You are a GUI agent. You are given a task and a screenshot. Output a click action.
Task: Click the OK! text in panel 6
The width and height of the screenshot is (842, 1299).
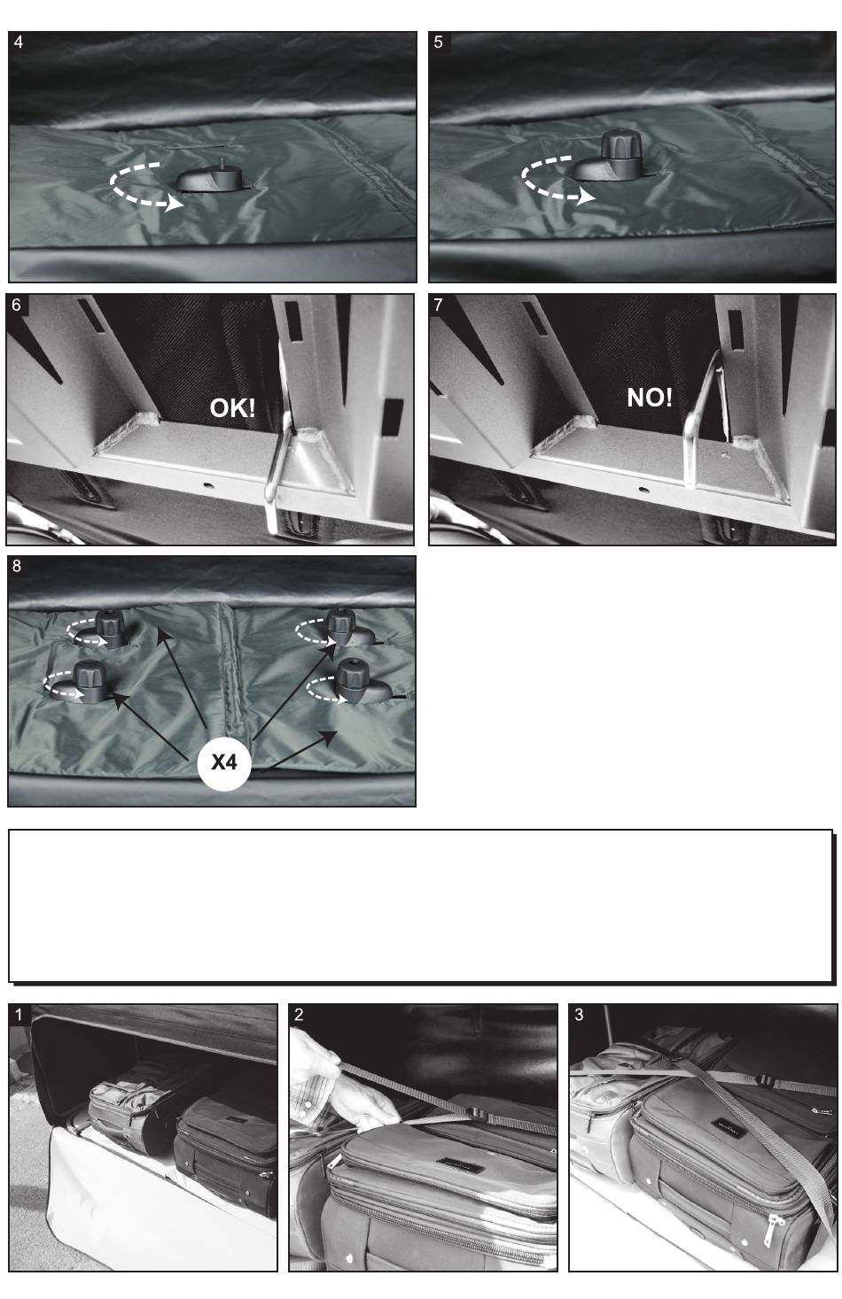click(x=232, y=408)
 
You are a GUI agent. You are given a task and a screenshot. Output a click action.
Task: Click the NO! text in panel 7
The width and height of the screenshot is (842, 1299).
click(x=650, y=398)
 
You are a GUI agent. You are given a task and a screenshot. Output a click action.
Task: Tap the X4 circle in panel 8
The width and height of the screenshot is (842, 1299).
click(x=224, y=762)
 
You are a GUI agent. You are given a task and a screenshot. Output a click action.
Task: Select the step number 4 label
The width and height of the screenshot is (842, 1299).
click(x=19, y=43)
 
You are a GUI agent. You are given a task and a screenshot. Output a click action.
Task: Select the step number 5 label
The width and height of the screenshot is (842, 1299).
click(x=438, y=43)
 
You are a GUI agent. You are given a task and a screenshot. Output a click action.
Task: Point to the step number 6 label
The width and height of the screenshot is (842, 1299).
click(x=16, y=305)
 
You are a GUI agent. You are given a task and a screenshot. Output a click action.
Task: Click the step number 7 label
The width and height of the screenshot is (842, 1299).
click(x=438, y=305)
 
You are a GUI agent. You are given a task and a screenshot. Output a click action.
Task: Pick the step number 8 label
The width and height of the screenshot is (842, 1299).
click(x=16, y=567)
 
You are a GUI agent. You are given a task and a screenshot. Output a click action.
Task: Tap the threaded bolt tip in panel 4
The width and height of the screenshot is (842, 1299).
click(x=221, y=163)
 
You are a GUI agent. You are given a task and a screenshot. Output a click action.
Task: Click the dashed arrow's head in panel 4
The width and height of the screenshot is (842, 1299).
click(x=174, y=205)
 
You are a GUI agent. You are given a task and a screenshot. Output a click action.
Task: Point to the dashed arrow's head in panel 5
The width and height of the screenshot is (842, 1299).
click(x=586, y=197)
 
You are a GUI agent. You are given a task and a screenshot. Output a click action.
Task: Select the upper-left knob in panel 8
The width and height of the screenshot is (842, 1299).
click(x=110, y=628)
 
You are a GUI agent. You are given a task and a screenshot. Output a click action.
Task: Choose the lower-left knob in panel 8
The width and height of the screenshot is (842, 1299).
click(x=90, y=680)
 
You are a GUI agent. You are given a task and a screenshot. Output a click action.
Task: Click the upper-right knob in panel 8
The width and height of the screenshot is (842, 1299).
click(x=340, y=626)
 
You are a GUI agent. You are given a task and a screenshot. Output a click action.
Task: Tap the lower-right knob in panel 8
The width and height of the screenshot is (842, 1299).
click(x=353, y=680)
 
